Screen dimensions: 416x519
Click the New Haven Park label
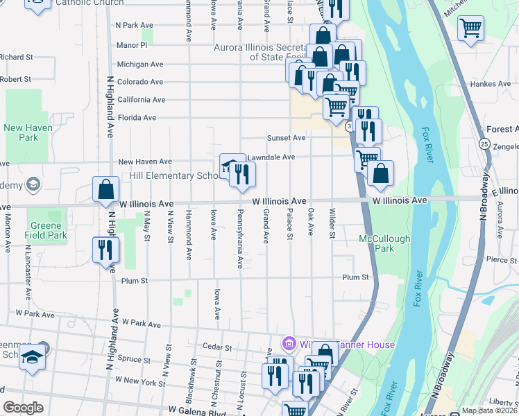[x=28, y=132]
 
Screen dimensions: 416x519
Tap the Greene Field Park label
[x=47, y=231]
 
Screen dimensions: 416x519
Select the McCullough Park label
[x=384, y=243]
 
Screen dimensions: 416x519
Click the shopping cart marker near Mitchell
[x=470, y=28]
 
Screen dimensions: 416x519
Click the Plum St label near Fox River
[x=355, y=277]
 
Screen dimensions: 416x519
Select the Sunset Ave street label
[x=289, y=138]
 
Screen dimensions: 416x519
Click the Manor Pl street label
[x=133, y=45]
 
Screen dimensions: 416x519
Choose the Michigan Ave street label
[x=140, y=64]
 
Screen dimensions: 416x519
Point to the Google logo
[x=24, y=408]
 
